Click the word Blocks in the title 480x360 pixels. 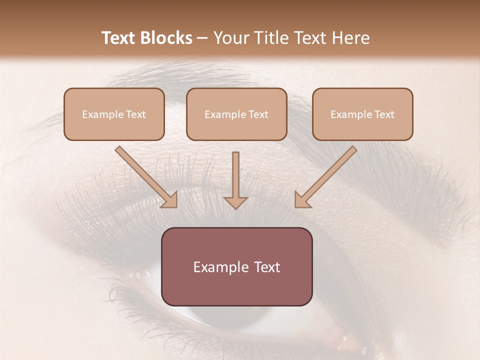[x=167, y=38]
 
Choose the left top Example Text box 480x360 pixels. [x=114, y=114]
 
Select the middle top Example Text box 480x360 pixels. [x=236, y=114]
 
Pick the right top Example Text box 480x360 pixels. [x=362, y=114]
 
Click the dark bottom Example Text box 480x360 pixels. [x=236, y=266]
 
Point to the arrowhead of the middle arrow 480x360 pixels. [x=235, y=202]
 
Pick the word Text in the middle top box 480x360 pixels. [x=257, y=114]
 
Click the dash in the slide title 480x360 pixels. [x=202, y=38]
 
